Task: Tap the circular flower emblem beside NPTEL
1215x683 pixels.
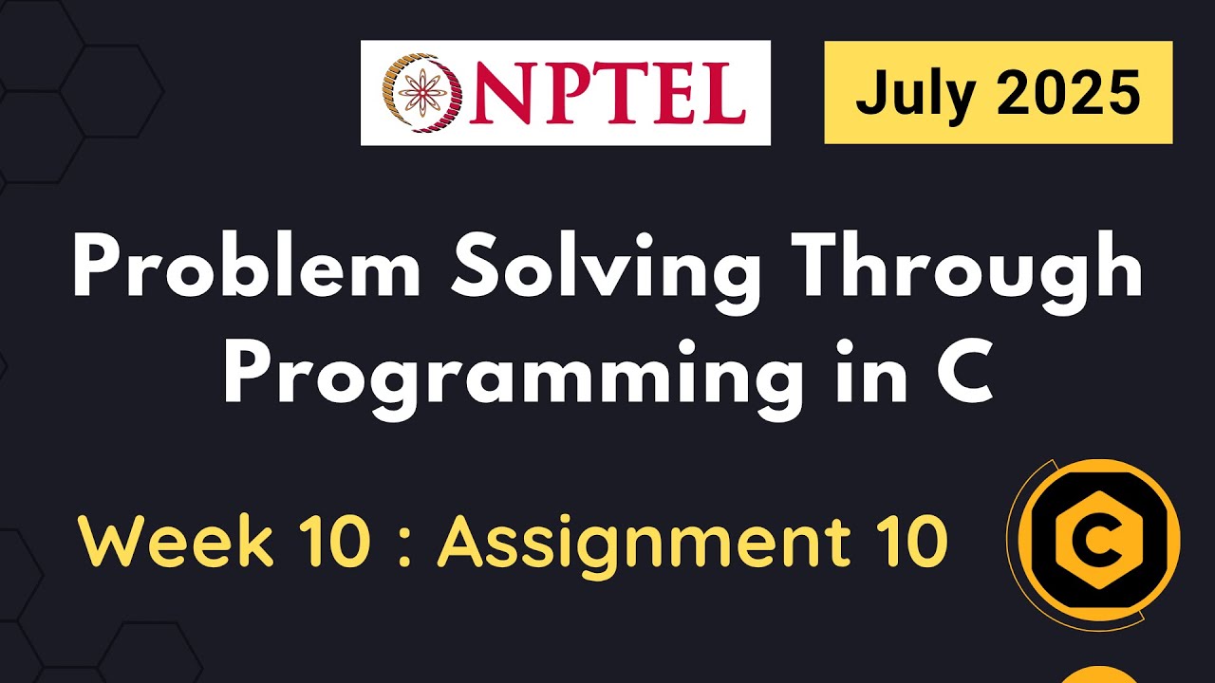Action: pos(416,92)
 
